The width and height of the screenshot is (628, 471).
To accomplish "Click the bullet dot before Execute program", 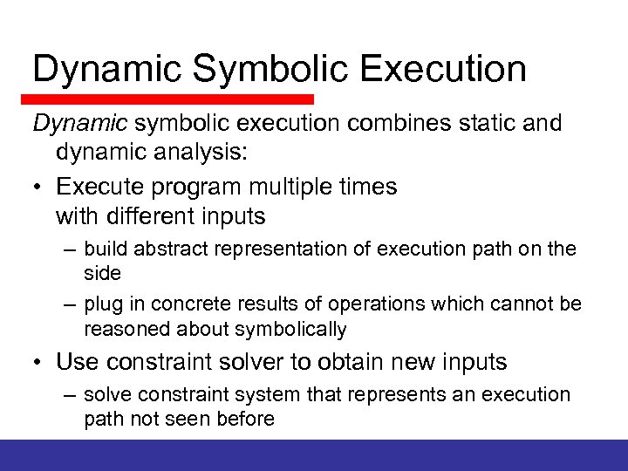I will pyautogui.click(x=38, y=187).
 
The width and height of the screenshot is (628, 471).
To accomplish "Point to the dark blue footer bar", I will pyautogui.click(x=314, y=454).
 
